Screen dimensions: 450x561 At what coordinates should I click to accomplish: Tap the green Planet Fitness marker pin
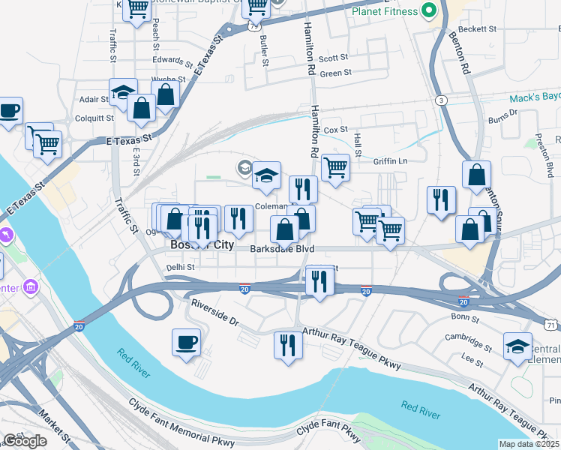point(429,11)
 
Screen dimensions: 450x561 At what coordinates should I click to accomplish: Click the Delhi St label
point(180,267)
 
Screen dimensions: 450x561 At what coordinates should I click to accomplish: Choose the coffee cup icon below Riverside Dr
point(186,343)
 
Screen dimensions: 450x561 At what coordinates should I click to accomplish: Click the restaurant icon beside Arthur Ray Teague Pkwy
point(288,345)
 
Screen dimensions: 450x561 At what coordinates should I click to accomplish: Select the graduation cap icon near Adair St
point(123,92)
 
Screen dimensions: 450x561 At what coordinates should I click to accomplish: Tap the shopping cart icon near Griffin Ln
point(335,168)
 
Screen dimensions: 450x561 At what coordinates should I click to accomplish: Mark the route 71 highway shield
point(551,325)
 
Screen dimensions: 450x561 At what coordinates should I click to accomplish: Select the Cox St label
point(337,130)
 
